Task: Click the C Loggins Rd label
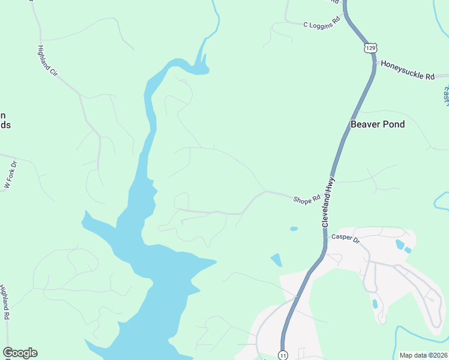pos(322,25)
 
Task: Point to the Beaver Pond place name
pos(378,125)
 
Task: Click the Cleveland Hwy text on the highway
pos(327,202)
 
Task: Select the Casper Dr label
pos(345,239)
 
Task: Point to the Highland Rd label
pos(5,302)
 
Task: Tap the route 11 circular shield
pos(283,355)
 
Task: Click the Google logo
pos(20,353)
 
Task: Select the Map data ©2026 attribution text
pos(424,355)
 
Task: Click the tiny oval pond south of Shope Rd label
pos(294,229)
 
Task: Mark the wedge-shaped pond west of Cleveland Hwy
pos(276,260)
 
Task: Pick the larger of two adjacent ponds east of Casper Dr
pos(400,244)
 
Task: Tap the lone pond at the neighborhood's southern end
pos(375,304)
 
